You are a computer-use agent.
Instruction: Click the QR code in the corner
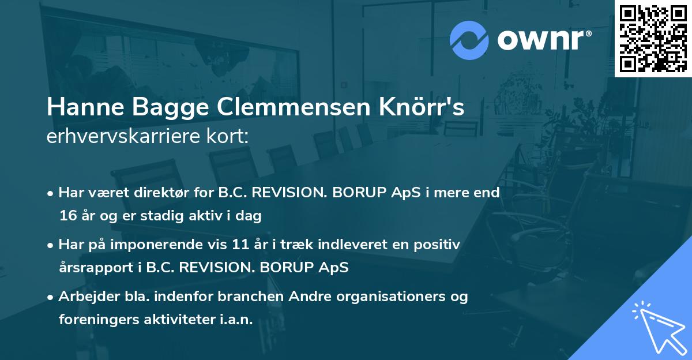(x=653, y=38)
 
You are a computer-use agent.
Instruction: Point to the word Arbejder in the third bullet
(x=85, y=297)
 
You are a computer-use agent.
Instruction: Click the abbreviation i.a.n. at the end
(x=236, y=320)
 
